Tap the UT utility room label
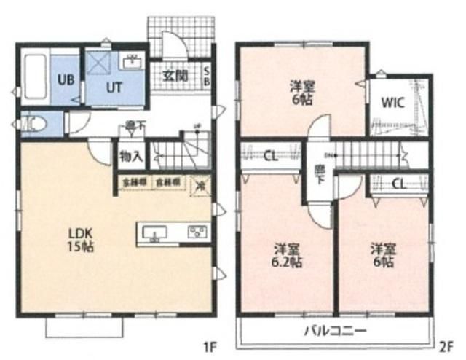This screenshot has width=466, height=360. point(116,87)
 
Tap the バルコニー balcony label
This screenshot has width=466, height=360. point(335,331)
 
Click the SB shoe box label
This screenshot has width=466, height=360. point(206,75)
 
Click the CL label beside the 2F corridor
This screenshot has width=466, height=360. point(270,154)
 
